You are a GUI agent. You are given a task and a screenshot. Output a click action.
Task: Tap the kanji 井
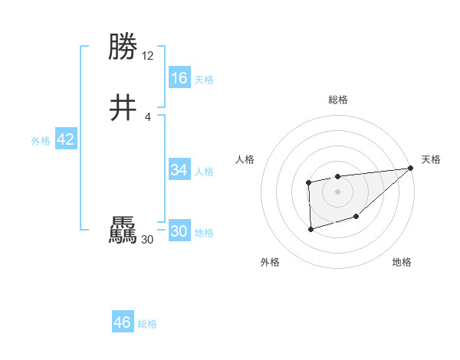tap(123, 109)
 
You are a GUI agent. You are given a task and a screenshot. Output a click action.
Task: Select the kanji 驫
tap(123, 231)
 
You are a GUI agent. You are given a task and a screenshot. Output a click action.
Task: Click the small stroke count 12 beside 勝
tap(148, 56)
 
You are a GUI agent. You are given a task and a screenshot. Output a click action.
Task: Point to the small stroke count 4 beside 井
tap(148, 116)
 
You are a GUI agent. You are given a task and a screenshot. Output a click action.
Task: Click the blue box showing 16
tap(179, 78)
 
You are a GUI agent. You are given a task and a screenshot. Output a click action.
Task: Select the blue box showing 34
tap(179, 170)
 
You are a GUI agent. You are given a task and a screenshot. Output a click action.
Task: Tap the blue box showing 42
tap(65, 139)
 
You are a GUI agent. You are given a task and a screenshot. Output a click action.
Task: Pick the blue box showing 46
tap(123, 322)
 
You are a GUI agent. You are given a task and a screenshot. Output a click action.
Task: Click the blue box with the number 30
tap(179, 232)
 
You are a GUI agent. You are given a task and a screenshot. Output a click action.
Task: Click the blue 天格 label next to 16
tap(204, 80)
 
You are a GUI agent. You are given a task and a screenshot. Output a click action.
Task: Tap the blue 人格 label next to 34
tap(204, 172)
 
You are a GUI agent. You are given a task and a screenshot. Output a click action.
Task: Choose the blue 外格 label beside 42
tap(41, 141)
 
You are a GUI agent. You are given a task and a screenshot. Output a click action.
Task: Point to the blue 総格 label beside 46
tap(147, 324)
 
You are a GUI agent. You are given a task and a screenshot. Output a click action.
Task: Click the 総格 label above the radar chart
tap(337, 100)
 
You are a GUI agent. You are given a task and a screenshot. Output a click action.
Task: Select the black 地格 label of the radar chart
tap(402, 263)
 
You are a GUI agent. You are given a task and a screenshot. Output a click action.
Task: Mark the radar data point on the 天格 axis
tap(411, 168)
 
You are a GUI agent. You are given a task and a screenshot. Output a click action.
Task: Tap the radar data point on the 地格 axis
tap(356, 218)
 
